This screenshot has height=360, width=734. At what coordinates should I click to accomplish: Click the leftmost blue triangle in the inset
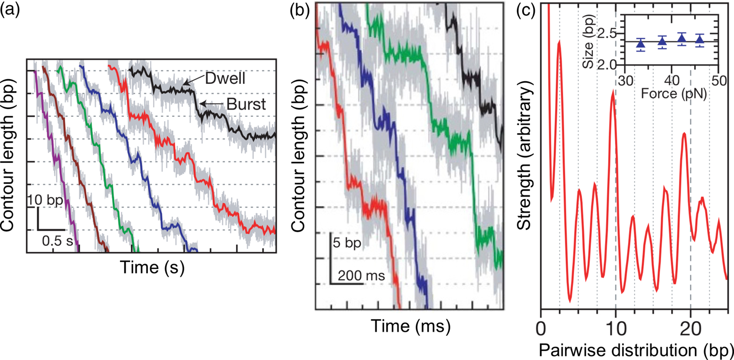pyautogui.click(x=640, y=44)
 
